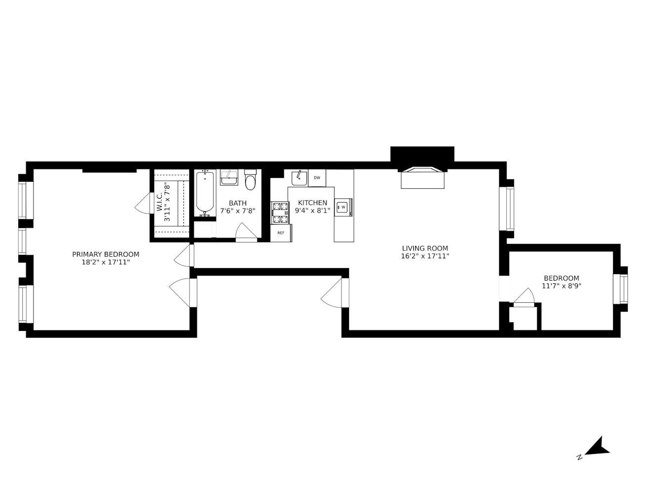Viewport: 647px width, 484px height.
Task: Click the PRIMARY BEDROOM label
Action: pyautogui.click(x=106, y=254)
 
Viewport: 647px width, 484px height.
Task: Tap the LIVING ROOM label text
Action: pyautogui.click(x=425, y=248)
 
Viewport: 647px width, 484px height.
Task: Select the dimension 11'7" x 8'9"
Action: pyautogui.click(x=561, y=286)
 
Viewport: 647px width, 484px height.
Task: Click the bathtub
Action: pyautogui.click(x=204, y=194)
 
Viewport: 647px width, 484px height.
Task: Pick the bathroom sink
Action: pyautogui.click(x=229, y=177)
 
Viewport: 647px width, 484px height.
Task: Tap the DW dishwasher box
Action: pyautogui.click(x=317, y=178)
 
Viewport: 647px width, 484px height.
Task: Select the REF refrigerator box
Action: pyautogui.click(x=281, y=233)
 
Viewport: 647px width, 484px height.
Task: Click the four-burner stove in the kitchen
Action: pyautogui.click(x=280, y=213)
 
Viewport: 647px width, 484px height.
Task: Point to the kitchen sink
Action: pyautogui.click(x=299, y=177)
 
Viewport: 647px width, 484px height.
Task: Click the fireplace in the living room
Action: pyautogui.click(x=423, y=178)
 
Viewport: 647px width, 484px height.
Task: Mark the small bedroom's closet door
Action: pyautogui.click(x=523, y=297)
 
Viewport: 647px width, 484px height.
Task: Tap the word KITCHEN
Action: pyautogui.click(x=312, y=202)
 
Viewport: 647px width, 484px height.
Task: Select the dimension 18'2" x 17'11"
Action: pyautogui.click(x=106, y=263)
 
